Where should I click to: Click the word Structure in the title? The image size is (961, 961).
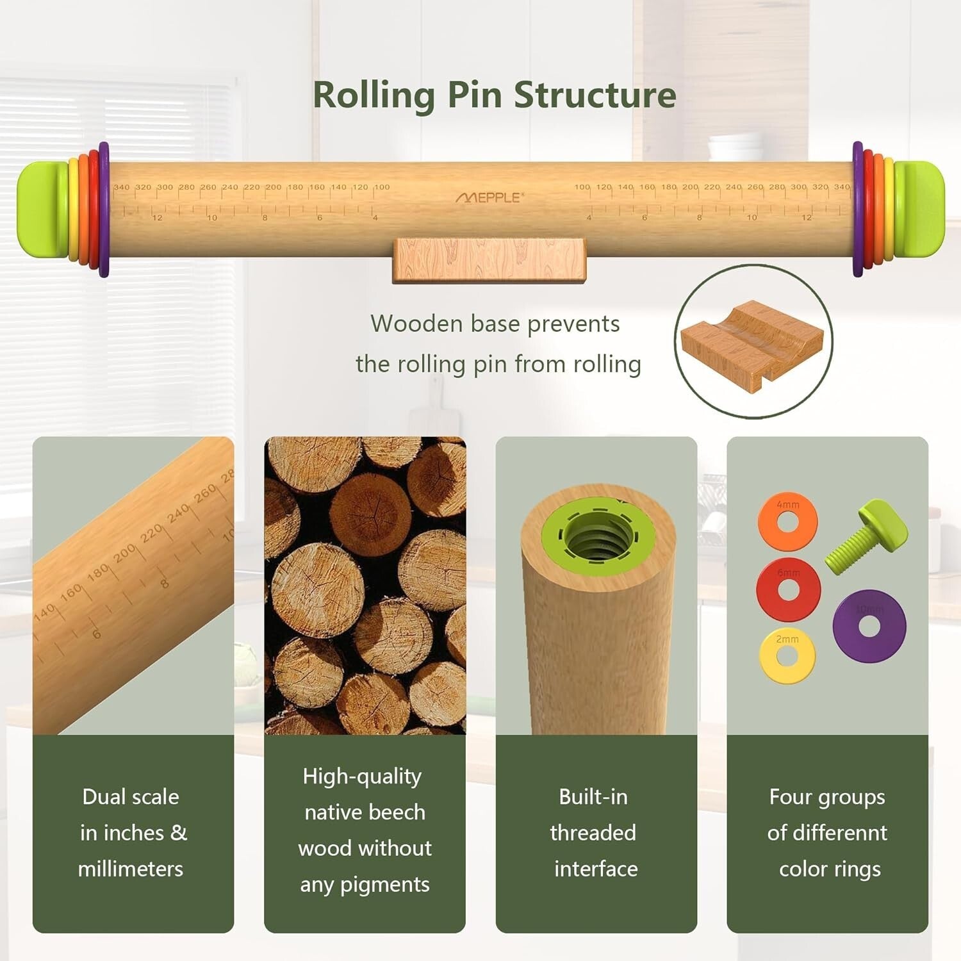tap(595, 95)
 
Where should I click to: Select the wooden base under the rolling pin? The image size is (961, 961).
tap(489, 260)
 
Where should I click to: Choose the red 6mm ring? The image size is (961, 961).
tap(788, 590)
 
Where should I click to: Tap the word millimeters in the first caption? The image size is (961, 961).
tap(131, 869)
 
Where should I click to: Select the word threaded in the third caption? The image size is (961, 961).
tap(593, 833)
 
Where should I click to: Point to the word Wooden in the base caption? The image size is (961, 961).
tap(416, 324)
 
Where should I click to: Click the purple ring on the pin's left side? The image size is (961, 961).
tap(104, 209)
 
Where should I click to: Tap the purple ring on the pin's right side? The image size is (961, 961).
tap(858, 209)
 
